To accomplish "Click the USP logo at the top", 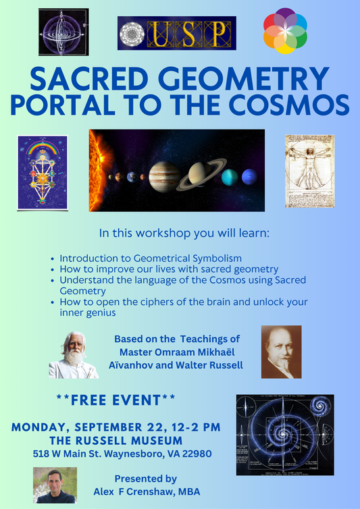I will point(176,33).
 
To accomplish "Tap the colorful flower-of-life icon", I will point(285,31).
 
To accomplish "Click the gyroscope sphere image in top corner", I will point(63,32).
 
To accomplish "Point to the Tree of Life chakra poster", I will point(43,173).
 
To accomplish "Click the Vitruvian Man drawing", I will point(310,171).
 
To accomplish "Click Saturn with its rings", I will point(200,175).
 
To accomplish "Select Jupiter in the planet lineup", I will point(164,176).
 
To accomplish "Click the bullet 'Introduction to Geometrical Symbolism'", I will point(151,259).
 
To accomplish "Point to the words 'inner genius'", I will point(86,312).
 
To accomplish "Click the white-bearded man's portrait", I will point(73,355).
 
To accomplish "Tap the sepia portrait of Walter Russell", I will point(281,352).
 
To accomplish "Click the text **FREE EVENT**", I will point(115,400).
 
